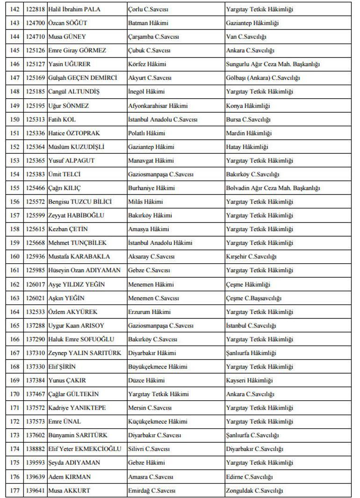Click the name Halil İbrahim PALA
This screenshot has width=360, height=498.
pyautogui.click(x=74, y=9)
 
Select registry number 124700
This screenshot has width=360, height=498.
pyautogui.click(x=36, y=23)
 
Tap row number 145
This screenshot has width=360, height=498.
pyautogui.click(x=15, y=51)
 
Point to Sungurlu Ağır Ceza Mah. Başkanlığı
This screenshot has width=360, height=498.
pyautogui.click(x=273, y=64)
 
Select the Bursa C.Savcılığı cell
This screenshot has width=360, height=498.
pyautogui.click(x=248, y=119)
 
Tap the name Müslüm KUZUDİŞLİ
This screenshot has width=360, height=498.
pyautogui.click(x=76, y=147)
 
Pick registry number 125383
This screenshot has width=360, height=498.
pyautogui.click(x=36, y=174)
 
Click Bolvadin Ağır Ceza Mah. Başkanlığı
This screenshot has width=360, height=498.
pyautogui.click(x=273, y=188)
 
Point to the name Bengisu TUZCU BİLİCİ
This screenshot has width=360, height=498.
pyautogui.click(x=80, y=202)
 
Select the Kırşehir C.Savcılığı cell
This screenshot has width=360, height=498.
pyautogui.click(x=251, y=257)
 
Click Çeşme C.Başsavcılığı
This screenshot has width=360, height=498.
pyautogui.click(x=253, y=298)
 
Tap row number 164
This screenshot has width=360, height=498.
pyautogui.click(x=15, y=312)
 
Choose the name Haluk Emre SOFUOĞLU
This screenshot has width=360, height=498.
pyautogui.click(x=81, y=339)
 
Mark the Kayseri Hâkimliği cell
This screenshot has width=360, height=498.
pyautogui.click(x=249, y=380)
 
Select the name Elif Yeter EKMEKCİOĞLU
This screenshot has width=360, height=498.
pyautogui.click(x=84, y=449)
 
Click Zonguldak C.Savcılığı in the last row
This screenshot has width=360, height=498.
pyautogui.click(x=254, y=491)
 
